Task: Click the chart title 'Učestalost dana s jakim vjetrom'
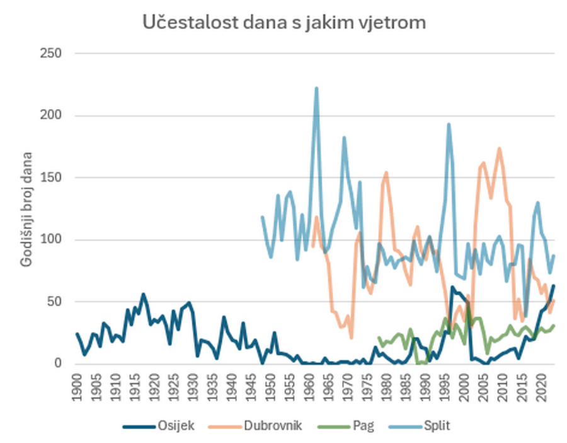(284, 23)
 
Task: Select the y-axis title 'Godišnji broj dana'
(27, 209)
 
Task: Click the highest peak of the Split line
(316, 88)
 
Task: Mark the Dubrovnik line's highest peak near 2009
(499, 148)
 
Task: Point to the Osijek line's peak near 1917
(143, 294)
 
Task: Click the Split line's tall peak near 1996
(449, 124)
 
